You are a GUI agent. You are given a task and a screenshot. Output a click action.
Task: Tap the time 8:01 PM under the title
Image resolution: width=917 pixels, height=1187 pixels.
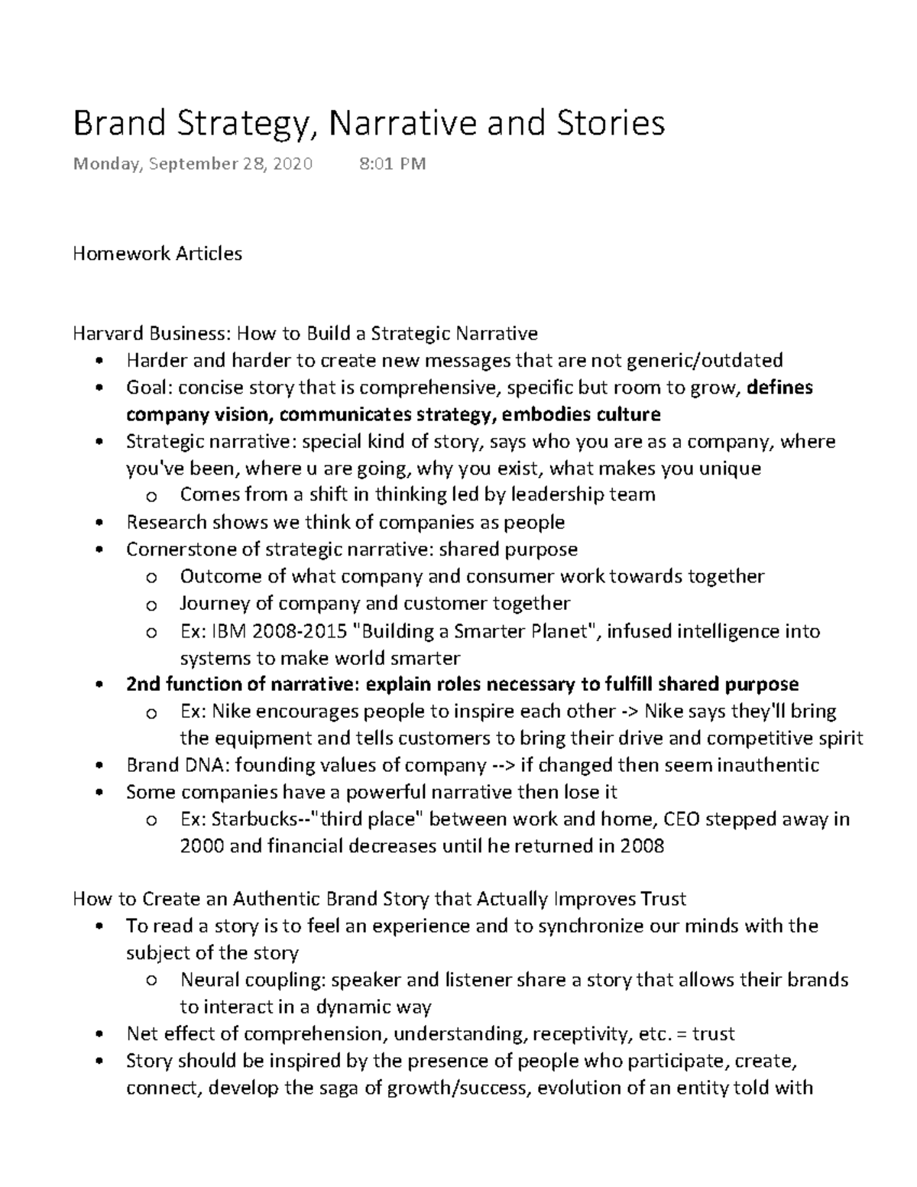(392, 164)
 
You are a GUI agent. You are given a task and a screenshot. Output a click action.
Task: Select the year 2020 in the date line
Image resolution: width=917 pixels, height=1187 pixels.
(291, 164)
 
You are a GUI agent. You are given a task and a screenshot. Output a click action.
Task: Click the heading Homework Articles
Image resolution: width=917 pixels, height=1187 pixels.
(157, 254)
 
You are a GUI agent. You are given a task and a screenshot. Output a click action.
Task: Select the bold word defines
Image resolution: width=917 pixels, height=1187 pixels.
(779, 388)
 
